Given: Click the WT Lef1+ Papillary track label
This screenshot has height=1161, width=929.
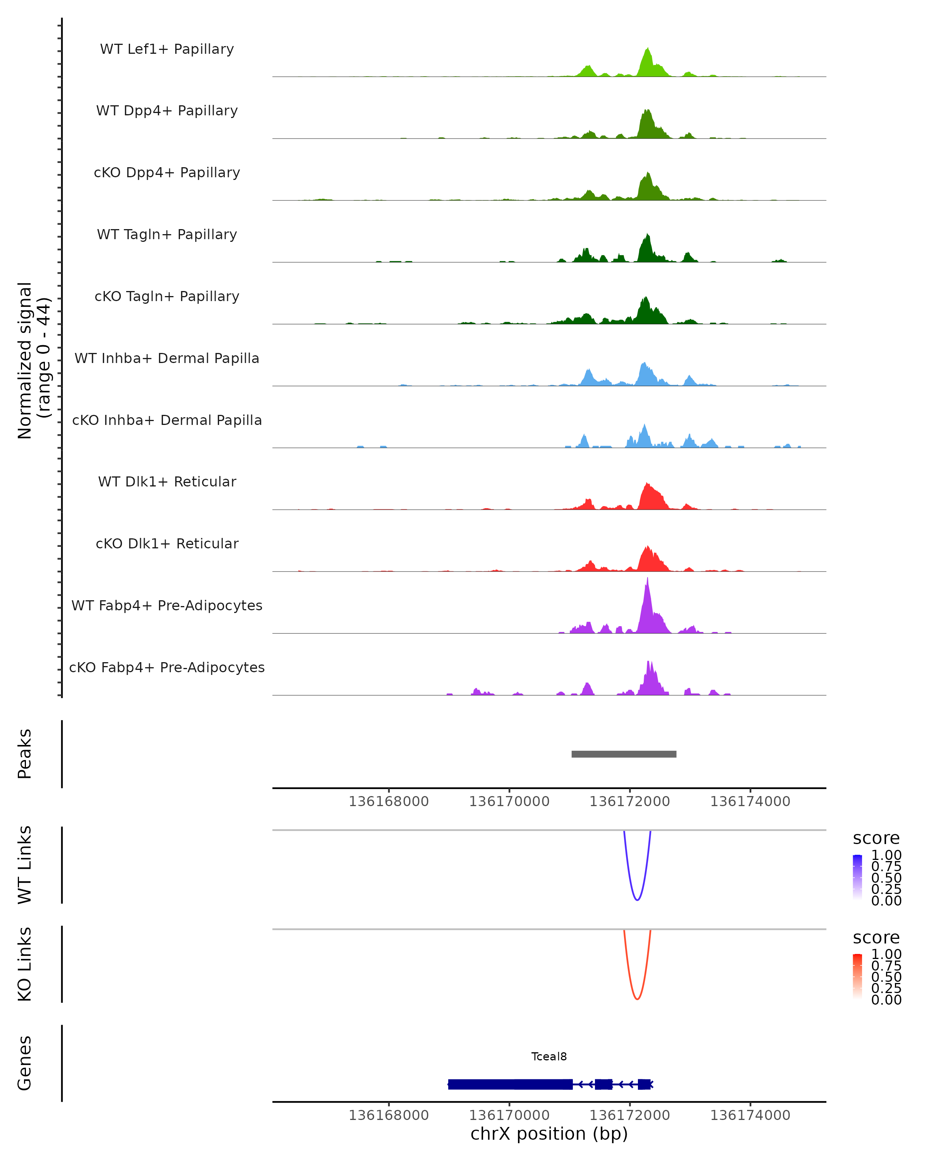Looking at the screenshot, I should click(x=167, y=49).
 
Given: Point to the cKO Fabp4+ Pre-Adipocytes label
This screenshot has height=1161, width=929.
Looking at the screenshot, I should click(x=167, y=667).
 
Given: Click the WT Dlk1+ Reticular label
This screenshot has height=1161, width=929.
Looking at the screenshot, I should click(x=167, y=481).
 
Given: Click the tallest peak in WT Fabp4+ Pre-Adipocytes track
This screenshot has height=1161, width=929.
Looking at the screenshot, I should click(x=647, y=582).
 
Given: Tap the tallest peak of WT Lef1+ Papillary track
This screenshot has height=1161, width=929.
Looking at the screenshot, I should click(x=648, y=50).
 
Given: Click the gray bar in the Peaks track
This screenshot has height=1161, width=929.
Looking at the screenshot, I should click(x=624, y=754).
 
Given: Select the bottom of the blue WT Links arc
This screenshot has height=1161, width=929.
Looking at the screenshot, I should click(x=637, y=900).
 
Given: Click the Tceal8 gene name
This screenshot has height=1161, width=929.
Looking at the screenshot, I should click(x=549, y=1057).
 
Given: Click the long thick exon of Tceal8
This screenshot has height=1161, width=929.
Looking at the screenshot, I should click(x=510, y=1084).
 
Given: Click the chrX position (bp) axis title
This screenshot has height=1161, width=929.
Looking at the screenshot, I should click(x=549, y=1134).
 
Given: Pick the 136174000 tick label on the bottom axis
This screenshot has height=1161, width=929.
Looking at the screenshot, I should click(x=750, y=1115).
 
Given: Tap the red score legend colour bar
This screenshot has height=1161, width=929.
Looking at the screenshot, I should click(x=857, y=976).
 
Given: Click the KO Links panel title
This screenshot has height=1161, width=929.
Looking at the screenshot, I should click(x=25, y=964).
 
